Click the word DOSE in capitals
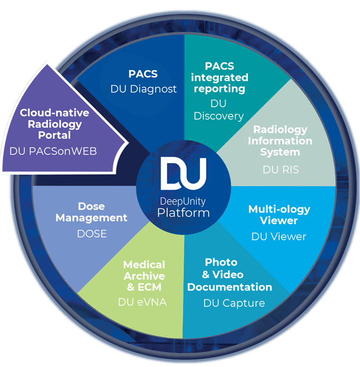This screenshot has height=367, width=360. (x=92, y=234)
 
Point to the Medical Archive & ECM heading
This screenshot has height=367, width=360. (x=144, y=276)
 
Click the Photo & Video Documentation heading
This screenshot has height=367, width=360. (x=229, y=275)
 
